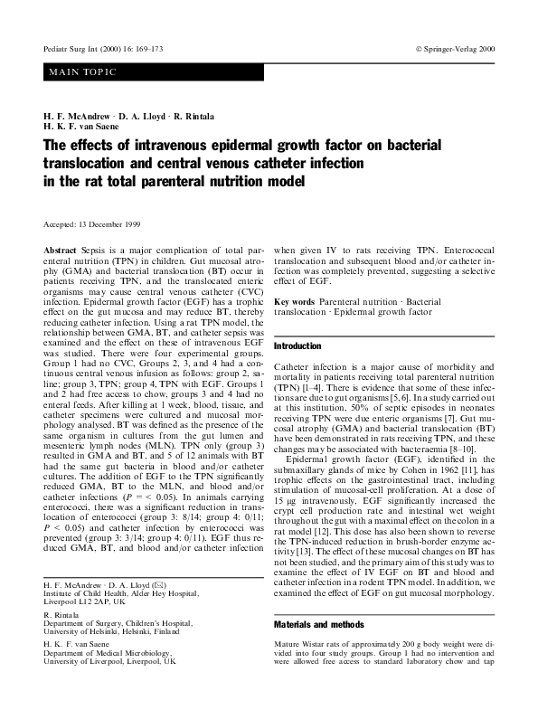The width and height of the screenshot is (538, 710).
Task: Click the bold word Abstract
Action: click(61, 248)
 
